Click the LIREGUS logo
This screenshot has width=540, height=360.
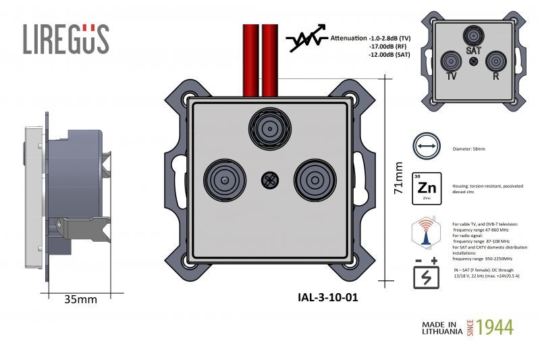coord(65,39)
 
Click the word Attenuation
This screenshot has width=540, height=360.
coord(349,37)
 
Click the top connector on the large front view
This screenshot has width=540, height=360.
coord(269,128)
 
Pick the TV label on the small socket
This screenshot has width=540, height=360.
coord(451,76)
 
